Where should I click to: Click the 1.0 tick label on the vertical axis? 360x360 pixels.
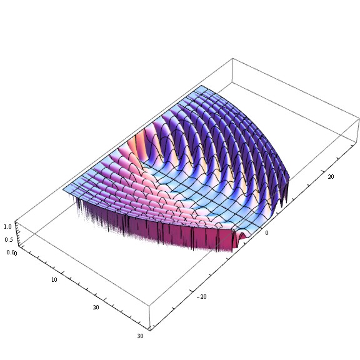point(7,227)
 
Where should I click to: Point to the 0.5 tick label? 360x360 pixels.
point(9,240)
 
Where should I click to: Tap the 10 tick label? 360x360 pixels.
point(54,279)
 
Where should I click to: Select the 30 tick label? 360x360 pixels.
point(140,336)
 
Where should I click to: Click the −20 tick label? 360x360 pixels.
point(202,297)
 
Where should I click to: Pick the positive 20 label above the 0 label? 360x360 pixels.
point(331,176)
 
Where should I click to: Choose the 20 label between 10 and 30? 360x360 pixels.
point(96,307)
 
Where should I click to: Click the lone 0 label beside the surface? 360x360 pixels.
point(266,232)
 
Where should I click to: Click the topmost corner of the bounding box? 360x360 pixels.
point(232,58)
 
